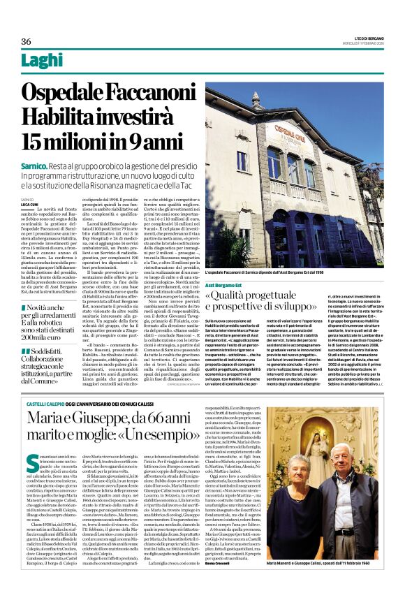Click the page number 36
click(x=27, y=42)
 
